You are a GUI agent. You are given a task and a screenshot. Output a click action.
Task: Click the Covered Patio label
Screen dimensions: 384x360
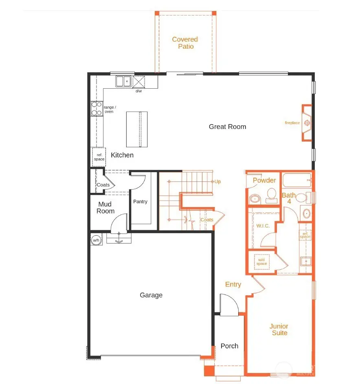185,43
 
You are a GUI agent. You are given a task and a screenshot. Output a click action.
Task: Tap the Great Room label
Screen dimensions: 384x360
227,127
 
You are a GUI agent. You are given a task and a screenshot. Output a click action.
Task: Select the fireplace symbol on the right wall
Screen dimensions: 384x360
307,123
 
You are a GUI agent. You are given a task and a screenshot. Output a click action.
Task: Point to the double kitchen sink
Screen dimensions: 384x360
123,81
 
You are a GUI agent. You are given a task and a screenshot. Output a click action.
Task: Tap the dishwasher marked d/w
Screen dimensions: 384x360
139,82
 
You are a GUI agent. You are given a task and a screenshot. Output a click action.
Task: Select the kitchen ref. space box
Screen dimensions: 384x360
99,157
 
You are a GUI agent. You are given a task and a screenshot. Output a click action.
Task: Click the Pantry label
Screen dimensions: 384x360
140,201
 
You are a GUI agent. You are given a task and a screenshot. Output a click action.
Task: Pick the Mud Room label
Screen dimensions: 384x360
105,207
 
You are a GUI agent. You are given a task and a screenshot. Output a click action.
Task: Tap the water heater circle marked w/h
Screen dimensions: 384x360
96,240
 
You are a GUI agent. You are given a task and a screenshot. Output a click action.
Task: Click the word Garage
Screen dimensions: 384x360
151,295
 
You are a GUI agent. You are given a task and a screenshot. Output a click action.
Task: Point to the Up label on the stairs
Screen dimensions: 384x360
218,181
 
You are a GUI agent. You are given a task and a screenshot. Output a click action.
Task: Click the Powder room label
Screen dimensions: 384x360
264,180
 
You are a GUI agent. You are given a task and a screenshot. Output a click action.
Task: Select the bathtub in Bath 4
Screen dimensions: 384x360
297,180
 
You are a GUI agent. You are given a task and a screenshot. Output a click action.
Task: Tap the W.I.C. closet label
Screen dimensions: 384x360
263,226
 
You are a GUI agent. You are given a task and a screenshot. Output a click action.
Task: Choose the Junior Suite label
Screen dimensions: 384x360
279,329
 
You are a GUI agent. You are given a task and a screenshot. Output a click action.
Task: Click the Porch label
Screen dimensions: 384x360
229,346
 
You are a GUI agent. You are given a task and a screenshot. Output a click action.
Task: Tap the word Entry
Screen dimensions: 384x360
233,284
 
